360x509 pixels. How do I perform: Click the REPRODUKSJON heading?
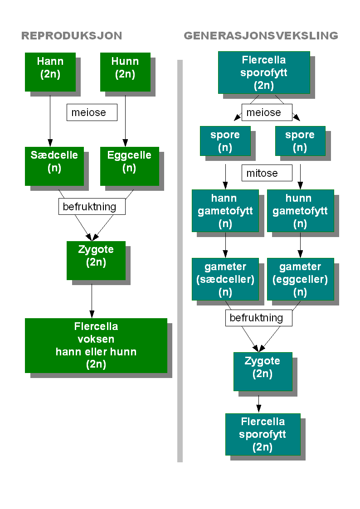tap(72, 36)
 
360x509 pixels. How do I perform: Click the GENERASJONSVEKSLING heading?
tap(261, 36)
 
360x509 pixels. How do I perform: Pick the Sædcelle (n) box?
tap(54, 166)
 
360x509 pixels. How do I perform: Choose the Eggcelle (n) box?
tap(129, 166)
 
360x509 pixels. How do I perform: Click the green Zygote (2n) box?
tap(96, 260)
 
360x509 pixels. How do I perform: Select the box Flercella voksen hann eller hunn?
tap(96, 345)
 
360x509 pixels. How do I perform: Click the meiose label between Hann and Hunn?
tap(92, 112)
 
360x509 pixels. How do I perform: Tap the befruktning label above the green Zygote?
tap(92, 207)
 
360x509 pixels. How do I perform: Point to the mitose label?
tap(267, 173)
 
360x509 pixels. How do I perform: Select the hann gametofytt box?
tap(225, 211)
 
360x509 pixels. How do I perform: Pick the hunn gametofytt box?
tap(300, 211)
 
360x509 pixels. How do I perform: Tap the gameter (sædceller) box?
tap(225, 279)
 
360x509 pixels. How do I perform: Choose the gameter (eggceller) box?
tap(300, 279)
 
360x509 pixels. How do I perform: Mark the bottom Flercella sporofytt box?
tap(263, 434)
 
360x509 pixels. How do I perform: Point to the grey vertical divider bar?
tap(180, 261)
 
